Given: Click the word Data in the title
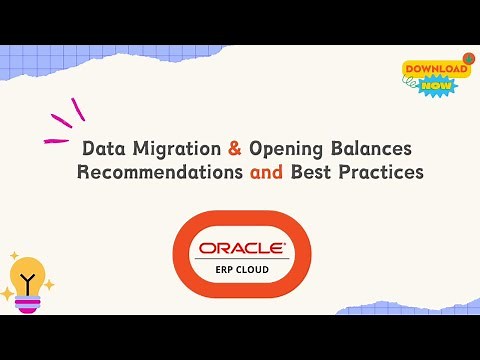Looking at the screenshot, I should (x=101, y=149).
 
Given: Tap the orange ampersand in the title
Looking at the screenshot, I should (x=235, y=149).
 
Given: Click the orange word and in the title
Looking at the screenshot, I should (x=265, y=172).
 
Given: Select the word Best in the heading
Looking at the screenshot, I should (x=311, y=172).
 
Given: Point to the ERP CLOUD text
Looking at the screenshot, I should (x=241, y=269).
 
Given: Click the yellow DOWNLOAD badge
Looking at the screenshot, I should (x=435, y=70).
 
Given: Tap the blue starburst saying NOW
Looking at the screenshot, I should (x=438, y=86).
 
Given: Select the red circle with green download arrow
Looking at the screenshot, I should (x=468, y=60).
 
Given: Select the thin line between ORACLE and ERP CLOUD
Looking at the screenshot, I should (x=241, y=259).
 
